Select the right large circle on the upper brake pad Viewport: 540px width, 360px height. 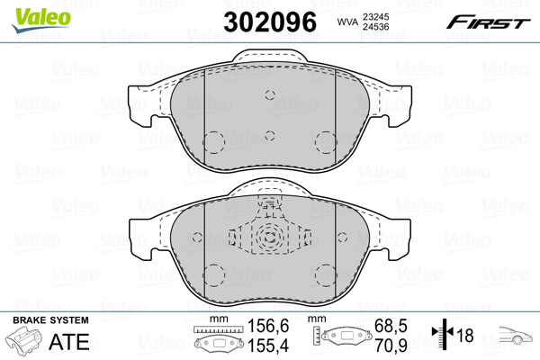(x=325, y=141)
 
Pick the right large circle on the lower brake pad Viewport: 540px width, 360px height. (x=325, y=271)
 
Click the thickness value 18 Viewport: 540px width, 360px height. (x=466, y=336)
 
